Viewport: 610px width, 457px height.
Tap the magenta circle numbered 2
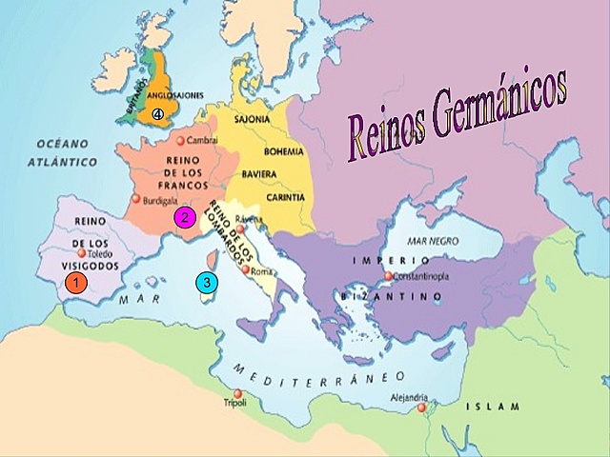click(x=185, y=217)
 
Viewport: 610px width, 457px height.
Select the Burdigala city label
click(x=158, y=202)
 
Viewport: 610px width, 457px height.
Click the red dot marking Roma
click(x=247, y=271)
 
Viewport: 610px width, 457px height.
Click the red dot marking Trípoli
click(x=238, y=393)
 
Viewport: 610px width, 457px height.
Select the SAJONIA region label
click(x=266, y=120)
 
